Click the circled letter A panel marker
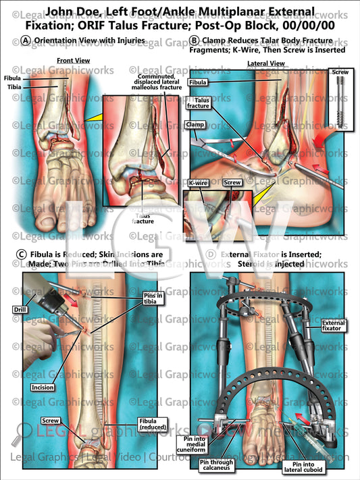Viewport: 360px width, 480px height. (x=25, y=40)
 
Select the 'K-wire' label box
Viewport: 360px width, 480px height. (x=198, y=182)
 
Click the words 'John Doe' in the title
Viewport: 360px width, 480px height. (x=72, y=11)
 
